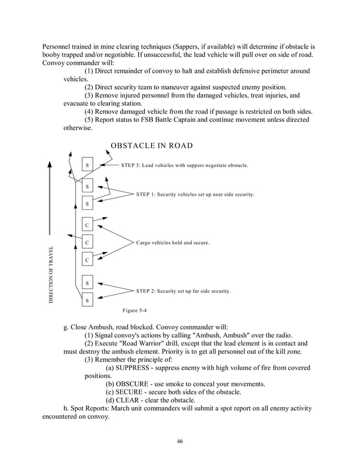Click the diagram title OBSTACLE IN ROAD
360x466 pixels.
[151, 146]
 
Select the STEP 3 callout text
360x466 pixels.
[185, 166]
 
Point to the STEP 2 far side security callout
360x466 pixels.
[183, 291]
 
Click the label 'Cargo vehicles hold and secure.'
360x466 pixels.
[173, 243]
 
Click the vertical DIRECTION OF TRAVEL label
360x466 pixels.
[50, 275]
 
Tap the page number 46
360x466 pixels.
[179, 441]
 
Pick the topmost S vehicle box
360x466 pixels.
[87, 165]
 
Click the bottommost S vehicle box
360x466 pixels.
[87, 301]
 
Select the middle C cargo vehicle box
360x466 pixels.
[87, 243]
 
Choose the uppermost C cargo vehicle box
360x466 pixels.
[87, 225]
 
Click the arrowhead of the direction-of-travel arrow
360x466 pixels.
[50, 164]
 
